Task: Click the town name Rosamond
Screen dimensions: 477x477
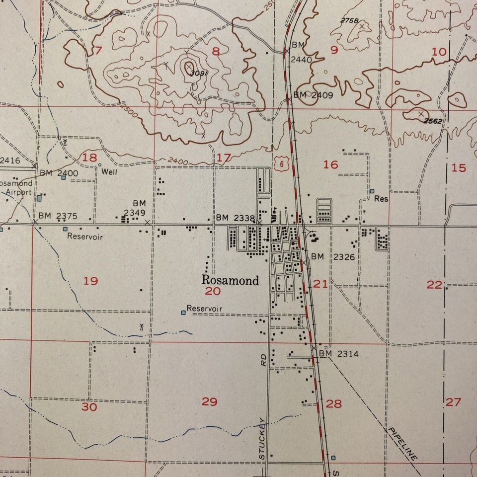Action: (230, 280)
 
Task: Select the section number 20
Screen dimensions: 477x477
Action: (213, 291)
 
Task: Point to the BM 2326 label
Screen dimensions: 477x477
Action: (333, 256)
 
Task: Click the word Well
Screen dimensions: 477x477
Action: (109, 171)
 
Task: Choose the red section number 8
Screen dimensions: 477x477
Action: (216, 50)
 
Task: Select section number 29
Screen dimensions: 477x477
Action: (209, 401)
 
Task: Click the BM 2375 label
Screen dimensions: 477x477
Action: (59, 216)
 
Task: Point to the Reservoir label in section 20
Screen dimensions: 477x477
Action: (204, 309)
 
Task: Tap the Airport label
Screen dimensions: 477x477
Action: (19, 192)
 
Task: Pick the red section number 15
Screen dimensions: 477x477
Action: (459, 168)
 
